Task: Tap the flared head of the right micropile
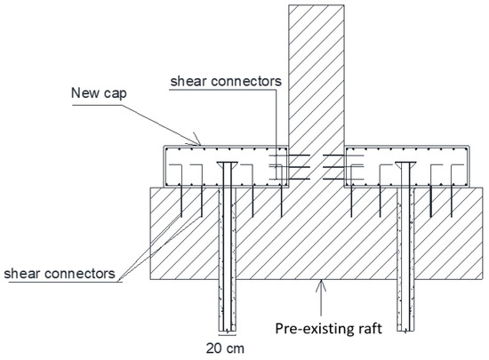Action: click(409, 165)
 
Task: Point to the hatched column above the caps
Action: click(315, 71)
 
